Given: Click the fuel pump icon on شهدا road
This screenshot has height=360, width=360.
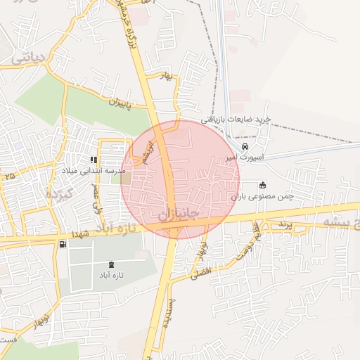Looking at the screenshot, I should [x=63, y=244].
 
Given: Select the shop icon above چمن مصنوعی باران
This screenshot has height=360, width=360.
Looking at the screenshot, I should [x=262, y=185].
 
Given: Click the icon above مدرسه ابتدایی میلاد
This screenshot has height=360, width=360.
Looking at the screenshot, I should [x=94, y=160].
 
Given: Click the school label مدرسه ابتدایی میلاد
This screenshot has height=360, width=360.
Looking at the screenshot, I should [x=100, y=171].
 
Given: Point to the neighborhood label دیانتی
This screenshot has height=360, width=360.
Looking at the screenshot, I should [x=29, y=57].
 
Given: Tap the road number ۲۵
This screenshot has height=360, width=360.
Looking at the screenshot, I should [x=9, y=175].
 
